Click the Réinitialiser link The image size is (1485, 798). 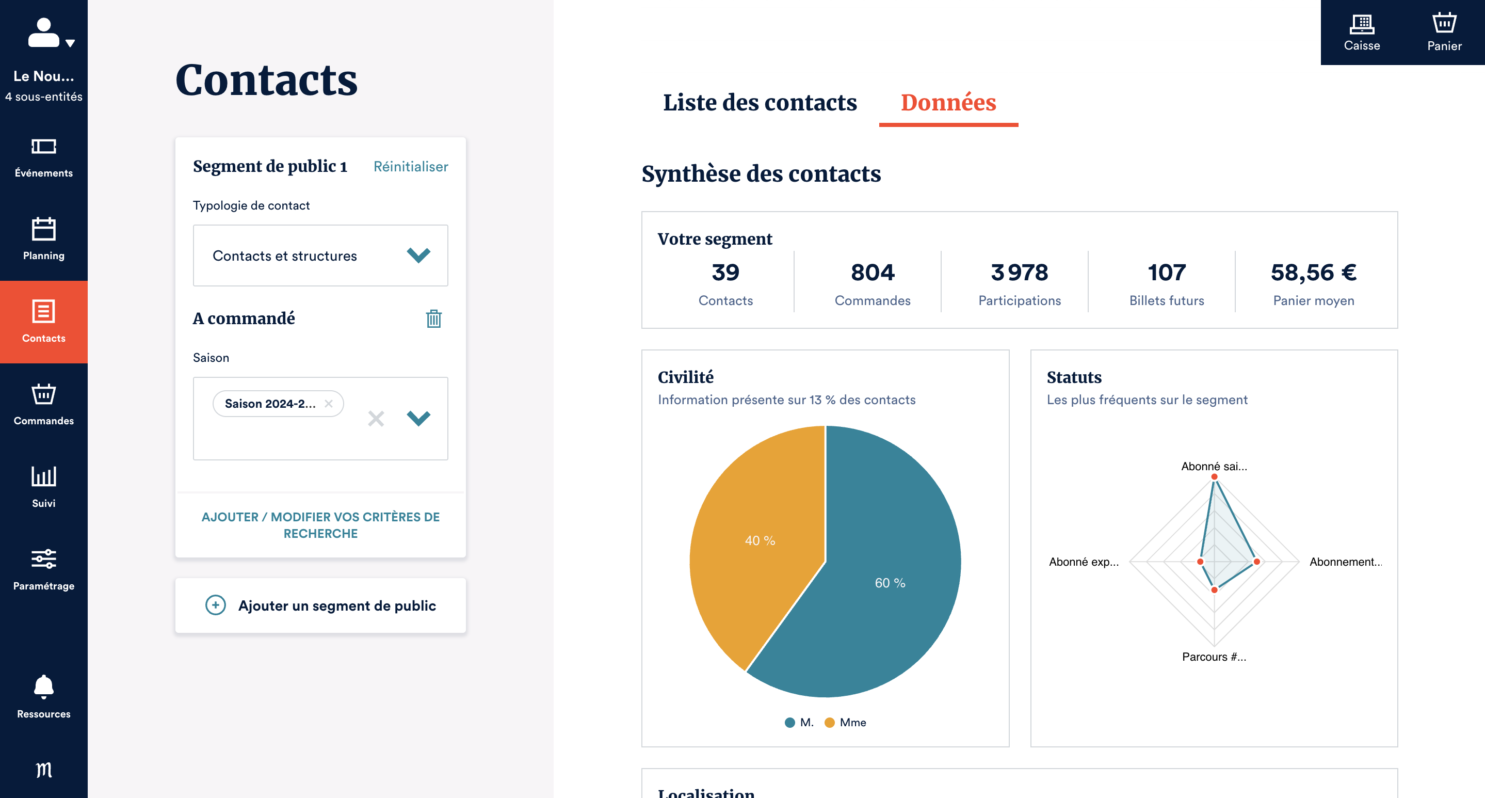(410, 167)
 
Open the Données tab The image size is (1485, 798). (948, 103)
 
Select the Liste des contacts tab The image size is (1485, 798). (760, 103)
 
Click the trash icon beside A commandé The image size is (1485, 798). (433, 318)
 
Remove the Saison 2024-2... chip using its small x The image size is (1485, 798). (329, 404)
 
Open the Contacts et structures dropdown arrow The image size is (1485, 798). (418, 256)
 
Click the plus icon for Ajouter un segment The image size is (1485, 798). (216, 605)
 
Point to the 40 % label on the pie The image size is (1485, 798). (760, 541)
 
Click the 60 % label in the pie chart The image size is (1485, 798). (890, 583)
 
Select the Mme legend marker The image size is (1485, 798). (830, 723)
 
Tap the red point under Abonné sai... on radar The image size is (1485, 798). (1214, 477)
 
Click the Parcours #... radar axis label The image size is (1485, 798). (1214, 657)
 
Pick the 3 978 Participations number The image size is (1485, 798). (1019, 272)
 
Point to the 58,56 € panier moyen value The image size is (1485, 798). (1313, 272)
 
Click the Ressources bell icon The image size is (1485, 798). (44, 686)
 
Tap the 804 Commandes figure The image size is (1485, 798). (872, 272)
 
